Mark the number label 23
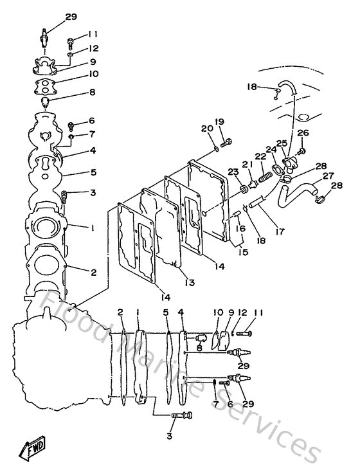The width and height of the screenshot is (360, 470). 232,171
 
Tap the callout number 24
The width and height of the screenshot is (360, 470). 271,149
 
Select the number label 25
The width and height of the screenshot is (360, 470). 281,143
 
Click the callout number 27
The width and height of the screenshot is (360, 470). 327,176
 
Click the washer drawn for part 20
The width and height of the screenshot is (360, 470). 215,149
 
